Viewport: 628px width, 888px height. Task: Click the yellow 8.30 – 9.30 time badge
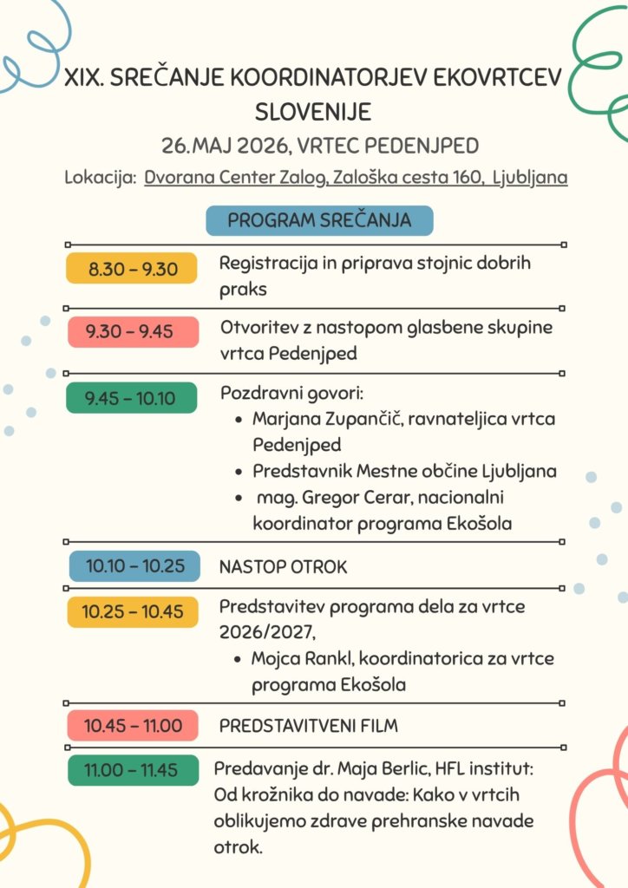pyautogui.click(x=133, y=269)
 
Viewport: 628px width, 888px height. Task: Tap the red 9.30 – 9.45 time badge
pyautogui.click(x=133, y=331)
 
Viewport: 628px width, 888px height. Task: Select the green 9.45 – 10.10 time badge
pyautogui.click(x=133, y=398)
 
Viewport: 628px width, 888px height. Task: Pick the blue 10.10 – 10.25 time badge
pyautogui.click(x=134, y=566)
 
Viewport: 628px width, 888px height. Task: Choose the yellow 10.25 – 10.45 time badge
pyautogui.click(x=133, y=611)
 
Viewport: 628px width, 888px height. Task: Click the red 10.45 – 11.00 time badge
pyautogui.click(x=133, y=725)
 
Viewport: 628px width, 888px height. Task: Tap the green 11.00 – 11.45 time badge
pyautogui.click(x=133, y=769)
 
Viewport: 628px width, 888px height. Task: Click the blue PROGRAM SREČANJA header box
pyautogui.click(x=319, y=220)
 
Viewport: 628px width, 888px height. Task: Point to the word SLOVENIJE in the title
pyautogui.click(x=313, y=112)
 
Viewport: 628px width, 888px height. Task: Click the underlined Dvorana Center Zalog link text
pyautogui.click(x=235, y=178)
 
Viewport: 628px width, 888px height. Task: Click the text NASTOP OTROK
pyautogui.click(x=283, y=567)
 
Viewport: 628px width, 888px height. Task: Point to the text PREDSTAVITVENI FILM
pyautogui.click(x=309, y=725)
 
